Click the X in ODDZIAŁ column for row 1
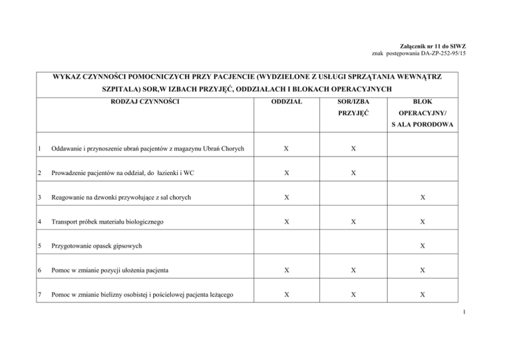286,150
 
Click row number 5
40,245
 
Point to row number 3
40,198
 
